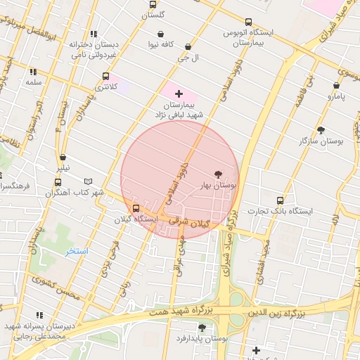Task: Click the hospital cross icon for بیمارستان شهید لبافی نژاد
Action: [x=179, y=93]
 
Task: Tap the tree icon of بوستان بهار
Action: [x=217, y=174]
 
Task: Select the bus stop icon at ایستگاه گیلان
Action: [x=136, y=208]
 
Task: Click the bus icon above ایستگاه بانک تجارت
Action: [x=281, y=200]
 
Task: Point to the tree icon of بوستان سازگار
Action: [x=321, y=130]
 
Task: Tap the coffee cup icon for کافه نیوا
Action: [x=161, y=34]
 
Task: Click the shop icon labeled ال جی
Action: [x=187, y=47]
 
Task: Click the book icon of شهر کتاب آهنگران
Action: [x=88, y=181]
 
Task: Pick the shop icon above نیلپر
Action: [x=63, y=157]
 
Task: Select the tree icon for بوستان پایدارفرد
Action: [x=202, y=327]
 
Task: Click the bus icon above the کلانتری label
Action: [x=105, y=76]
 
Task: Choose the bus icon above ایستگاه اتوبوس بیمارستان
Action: [x=248, y=22]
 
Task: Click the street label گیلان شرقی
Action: [x=195, y=223]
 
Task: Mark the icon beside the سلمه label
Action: [x=32, y=72]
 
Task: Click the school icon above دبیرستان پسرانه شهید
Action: [x=39, y=315]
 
